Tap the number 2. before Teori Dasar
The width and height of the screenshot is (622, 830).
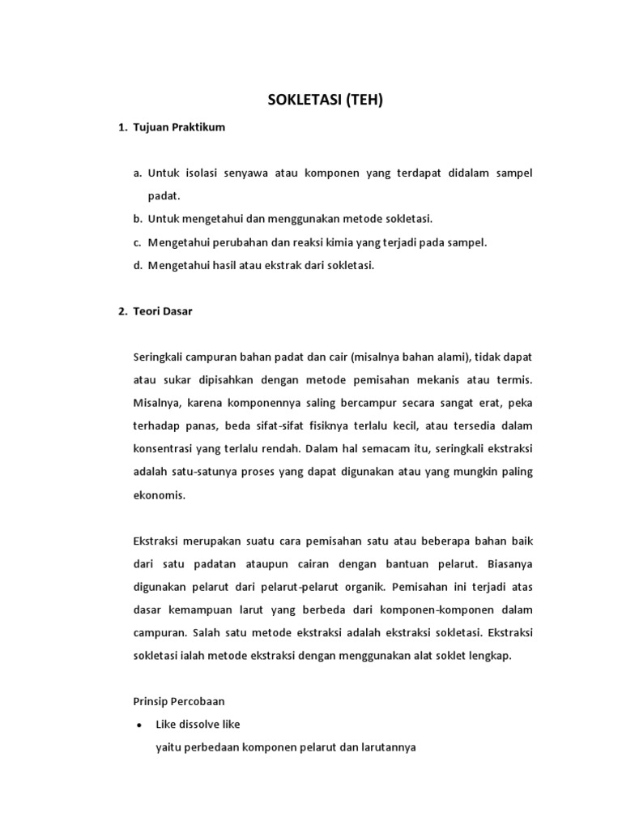pos(122,311)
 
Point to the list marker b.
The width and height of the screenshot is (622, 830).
pos(138,219)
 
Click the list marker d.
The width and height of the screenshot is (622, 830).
pos(138,264)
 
